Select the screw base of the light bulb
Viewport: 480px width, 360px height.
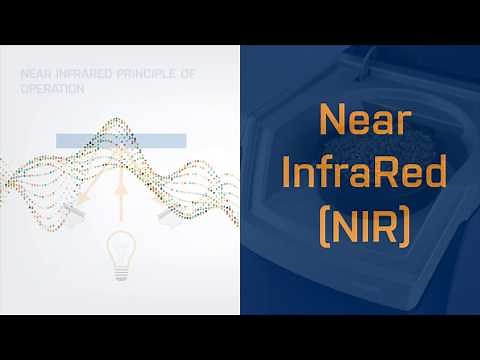pos(121,264)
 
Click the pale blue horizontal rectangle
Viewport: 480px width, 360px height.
pos(121,142)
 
